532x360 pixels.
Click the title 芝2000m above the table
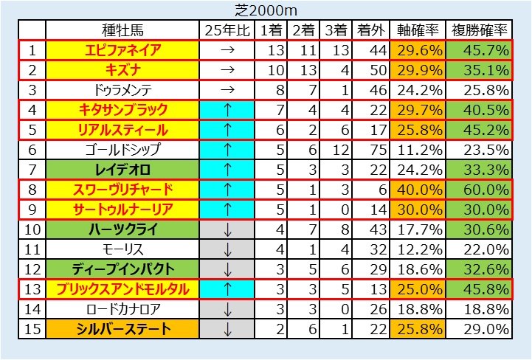point(266,10)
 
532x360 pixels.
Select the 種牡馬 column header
point(122,30)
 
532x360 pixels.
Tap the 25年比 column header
point(227,30)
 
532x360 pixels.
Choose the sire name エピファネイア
point(122,50)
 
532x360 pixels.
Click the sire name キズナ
point(122,70)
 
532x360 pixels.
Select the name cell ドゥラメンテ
point(122,90)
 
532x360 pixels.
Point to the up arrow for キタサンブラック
point(227,110)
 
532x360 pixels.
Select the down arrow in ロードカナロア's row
point(227,309)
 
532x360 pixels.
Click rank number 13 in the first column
point(32,289)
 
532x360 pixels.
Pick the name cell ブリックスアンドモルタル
point(122,289)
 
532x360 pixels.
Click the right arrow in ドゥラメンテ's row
point(227,90)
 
